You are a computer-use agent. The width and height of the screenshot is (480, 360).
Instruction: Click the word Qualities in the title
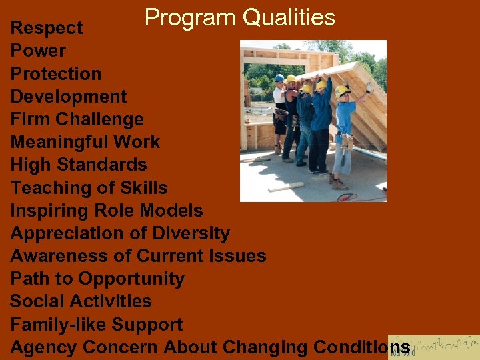[289, 17]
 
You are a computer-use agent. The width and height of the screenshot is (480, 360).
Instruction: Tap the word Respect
[47, 28]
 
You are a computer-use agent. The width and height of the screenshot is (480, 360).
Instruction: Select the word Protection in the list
[56, 73]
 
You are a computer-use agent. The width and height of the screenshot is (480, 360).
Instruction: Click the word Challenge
[109, 119]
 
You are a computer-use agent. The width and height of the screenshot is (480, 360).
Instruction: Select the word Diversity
[191, 233]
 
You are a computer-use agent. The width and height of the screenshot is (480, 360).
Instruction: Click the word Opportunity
[131, 279]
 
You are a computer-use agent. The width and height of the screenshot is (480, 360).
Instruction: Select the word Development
[68, 97]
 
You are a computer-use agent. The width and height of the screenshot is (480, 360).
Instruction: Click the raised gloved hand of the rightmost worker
[369, 86]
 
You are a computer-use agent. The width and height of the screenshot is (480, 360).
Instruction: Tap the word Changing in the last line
[265, 347]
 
